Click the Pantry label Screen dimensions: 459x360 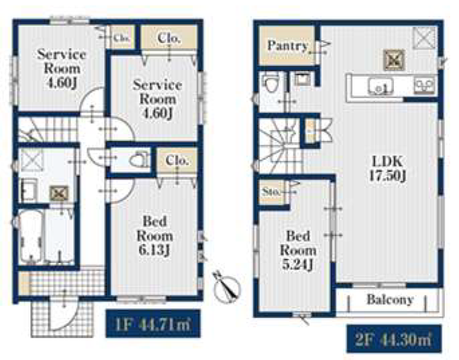[x=287, y=46]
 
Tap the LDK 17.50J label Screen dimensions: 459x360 [x=387, y=168]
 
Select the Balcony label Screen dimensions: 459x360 [x=390, y=300]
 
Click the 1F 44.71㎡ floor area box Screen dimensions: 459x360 [x=153, y=324]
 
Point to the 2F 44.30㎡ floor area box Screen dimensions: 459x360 [x=394, y=339]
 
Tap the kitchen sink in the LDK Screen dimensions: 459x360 [x=380, y=86]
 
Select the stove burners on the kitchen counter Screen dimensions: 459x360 [x=424, y=86]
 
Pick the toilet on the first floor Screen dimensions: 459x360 [x=139, y=160]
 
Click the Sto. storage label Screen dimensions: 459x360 [x=271, y=192]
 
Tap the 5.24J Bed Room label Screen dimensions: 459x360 [x=298, y=250]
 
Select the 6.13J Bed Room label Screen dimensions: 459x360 [x=154, y=236]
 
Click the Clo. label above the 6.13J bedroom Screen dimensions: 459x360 [x=177, y=160]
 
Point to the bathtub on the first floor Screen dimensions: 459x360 [x=31, y=236]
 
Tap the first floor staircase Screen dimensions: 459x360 [x=48, y=129]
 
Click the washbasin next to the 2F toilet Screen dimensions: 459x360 [x=302, y=79]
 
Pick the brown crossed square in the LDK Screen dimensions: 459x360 [x=394, y=60]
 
